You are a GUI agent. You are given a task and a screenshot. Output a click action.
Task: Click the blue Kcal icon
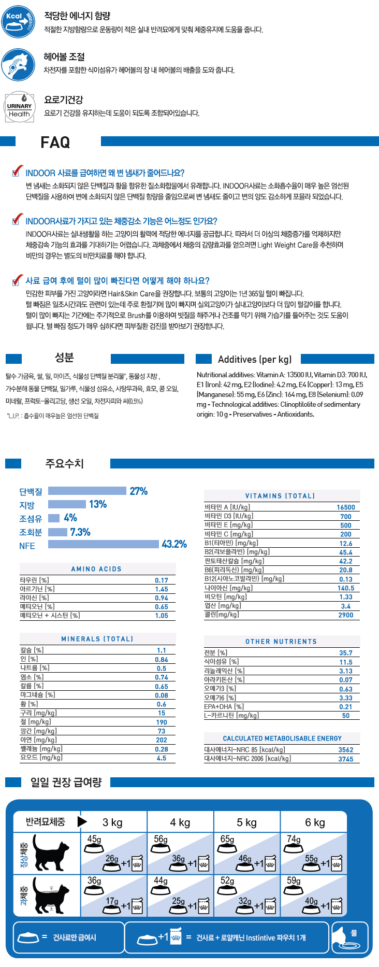pos(19,22)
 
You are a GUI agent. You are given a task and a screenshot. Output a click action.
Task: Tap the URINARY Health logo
pos(19,107)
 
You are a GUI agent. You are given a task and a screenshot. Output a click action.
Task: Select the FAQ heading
pos(55,143)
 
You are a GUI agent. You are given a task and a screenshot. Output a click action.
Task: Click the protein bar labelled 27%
pos(87,491)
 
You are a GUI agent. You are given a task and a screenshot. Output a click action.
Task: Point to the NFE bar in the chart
pos(104,544)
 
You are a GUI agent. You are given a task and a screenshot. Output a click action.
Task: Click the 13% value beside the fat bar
pos(98,504)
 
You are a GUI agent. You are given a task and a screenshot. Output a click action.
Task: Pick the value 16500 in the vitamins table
pos(346,508)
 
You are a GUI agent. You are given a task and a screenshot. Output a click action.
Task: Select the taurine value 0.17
pos(162,581)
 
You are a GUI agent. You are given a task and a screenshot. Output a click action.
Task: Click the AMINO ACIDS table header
pos(96,569)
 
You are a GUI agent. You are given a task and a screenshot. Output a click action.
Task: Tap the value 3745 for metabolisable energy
pos(346,759)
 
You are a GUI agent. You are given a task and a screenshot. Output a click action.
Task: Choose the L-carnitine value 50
pos(346,716)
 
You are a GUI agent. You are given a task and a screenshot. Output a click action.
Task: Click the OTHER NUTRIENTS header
pos(281,642)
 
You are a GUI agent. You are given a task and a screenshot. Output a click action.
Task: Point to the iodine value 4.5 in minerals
pos(162,758)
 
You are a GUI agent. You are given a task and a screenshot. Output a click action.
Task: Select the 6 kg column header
pos(315,822)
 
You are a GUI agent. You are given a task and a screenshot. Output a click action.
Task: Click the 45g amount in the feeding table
pos(94,839)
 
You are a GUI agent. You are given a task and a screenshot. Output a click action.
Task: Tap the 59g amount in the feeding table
pos(294,880)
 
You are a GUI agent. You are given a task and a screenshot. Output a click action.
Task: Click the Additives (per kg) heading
pos(255,359)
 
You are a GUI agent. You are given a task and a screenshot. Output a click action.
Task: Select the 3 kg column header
pos(112,822)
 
